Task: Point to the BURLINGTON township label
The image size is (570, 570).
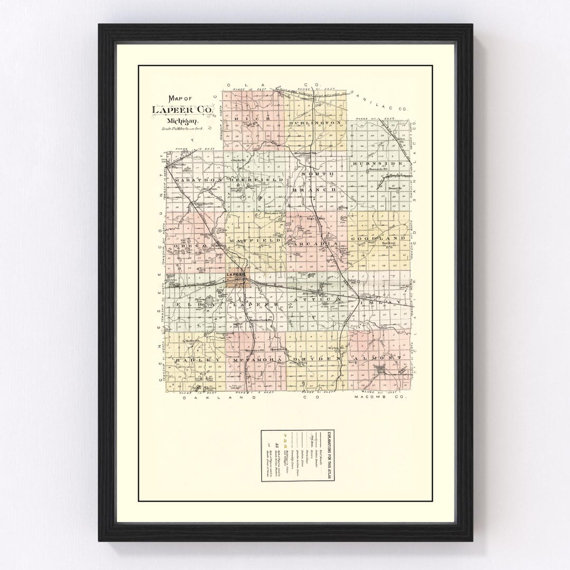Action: [x=316, y=122]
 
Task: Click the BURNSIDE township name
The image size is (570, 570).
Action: [x=378, y=164]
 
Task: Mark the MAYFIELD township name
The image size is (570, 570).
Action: [x=253, y=240]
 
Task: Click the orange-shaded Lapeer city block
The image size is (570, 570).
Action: [x=235, y=280]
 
